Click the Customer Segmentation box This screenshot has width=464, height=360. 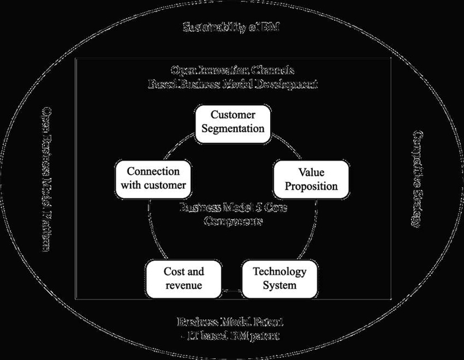233,122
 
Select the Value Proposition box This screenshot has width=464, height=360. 310,179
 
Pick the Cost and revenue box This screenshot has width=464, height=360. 184,278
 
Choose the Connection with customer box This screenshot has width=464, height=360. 153,179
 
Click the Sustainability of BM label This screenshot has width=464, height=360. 231,27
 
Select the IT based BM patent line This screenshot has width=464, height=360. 232,335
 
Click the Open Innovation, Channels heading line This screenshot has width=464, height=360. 232,71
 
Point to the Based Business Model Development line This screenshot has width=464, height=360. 232,84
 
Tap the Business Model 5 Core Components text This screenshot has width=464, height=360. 232,214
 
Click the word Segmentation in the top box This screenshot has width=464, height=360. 233,128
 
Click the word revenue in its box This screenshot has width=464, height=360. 184,285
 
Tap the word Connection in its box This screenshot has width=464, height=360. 153,172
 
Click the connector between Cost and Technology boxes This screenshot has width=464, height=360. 231,291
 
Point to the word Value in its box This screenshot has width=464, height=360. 310,173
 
